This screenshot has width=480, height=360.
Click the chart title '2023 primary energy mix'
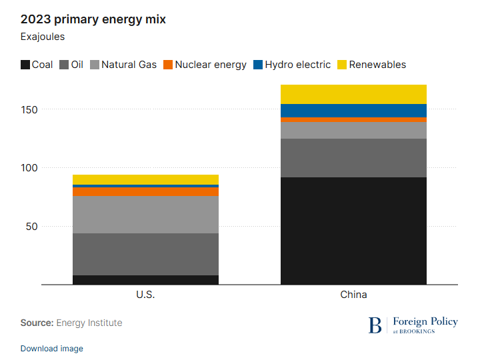pos(93,19)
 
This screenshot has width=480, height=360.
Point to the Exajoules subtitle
pos(43,37)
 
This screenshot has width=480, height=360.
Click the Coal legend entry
pos(37,65)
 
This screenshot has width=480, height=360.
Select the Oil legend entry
pos(71,65)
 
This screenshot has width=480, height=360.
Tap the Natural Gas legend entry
pos(123,65)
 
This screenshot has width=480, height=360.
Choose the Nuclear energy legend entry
pos(205,65)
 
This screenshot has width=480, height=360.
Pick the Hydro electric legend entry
pos(291,65)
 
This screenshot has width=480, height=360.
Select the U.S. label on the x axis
pos(145,294)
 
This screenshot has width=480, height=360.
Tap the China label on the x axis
pos(353,294)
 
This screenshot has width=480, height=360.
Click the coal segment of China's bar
pos(353,230)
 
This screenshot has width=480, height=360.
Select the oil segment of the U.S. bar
pos(145,254)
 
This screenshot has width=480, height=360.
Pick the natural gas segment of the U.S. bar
pos(145,214)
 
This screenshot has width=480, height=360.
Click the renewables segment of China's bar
pos(353,94)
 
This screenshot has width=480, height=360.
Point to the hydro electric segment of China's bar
pos(353,110)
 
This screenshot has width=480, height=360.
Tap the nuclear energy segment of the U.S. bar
pos(145,191)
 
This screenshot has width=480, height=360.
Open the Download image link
pos(52,348)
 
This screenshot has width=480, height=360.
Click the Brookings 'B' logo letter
pos(375,325)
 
